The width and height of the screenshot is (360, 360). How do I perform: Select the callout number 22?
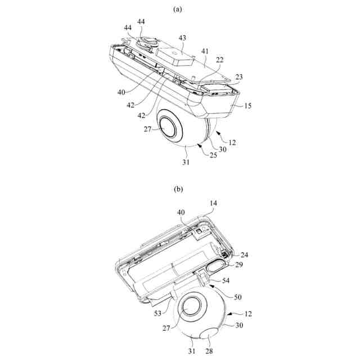(x=219, y=60)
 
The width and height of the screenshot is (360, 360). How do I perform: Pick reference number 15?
(x=247, y=105)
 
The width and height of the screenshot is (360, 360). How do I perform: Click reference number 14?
(x=213, y=202)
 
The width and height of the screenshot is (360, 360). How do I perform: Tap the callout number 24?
(x=244, y=254)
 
